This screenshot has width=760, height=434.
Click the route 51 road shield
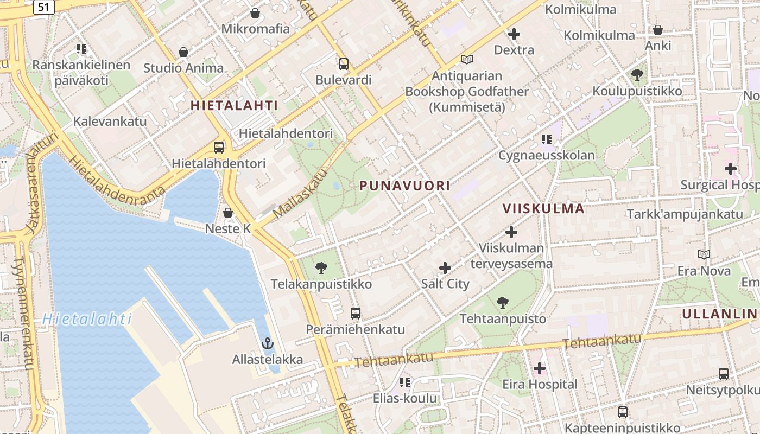click(43, 7)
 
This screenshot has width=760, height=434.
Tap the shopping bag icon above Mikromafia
click(255, 12)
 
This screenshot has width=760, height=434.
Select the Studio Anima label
click(183, 68)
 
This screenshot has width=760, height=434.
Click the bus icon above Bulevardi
click(344, 63)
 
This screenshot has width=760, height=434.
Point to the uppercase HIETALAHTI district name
click(234, 106)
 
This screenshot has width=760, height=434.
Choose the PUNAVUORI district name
click(405, 186)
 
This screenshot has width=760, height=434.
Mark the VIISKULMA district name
click(543, 209)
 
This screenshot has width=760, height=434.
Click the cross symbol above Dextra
click(514, 34)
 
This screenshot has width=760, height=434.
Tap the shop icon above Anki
click(658, 30)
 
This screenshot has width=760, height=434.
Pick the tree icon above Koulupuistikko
click(637, 75)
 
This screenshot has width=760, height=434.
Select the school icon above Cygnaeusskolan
click(547, 139)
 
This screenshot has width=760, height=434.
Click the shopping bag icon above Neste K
click(228, 213)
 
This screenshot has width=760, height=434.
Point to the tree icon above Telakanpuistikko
click(321, 267)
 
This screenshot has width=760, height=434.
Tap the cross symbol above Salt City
click(445, 268)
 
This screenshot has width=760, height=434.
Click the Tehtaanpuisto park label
click(503, 318)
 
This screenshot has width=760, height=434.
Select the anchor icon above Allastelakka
click(267, 343)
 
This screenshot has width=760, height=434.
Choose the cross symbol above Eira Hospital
click(539, 369)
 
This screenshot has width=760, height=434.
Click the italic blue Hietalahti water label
click(87, 319)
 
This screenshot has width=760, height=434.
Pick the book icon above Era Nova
click(704, 254)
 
